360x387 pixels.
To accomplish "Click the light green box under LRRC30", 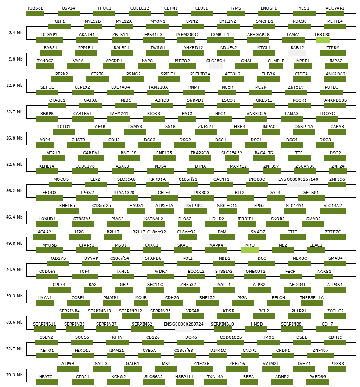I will tap(323, 39).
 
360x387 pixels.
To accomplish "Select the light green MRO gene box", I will tap(249, 250).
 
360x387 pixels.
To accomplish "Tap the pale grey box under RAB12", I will tap(297, 53).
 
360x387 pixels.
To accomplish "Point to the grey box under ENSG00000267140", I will tap(298, 184).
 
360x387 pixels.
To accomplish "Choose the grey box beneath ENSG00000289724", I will tap(184, 329).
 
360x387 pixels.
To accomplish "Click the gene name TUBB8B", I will tap(35, 8).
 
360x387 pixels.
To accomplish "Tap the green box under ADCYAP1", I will tap(335, 13).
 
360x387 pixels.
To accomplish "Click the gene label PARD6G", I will tap(317, 376).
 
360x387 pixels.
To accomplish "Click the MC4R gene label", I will tap(140, 297).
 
